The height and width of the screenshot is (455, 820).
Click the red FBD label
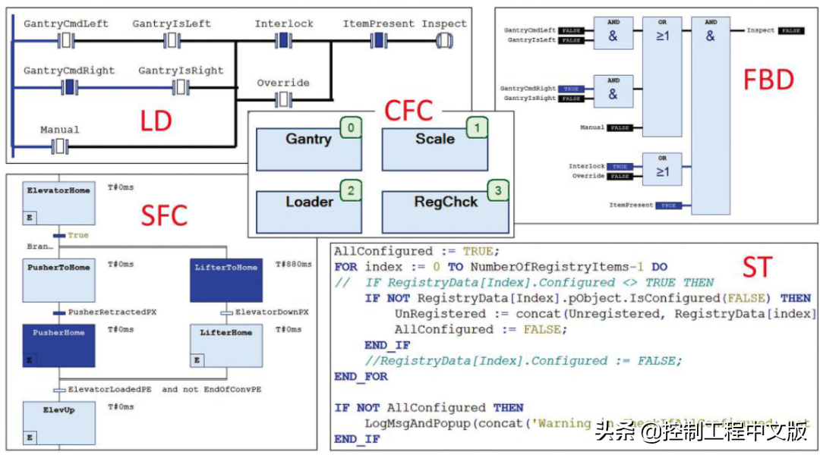pos(768,80)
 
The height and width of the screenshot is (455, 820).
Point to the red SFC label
pos(164,215)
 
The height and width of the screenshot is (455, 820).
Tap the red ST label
pos(757,267)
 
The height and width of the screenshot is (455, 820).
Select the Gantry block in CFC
pos(308,149)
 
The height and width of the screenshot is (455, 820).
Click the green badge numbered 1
pos(476,128)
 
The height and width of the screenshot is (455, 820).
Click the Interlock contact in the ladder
pos(284,40)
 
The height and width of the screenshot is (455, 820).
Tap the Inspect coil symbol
pos(444,40)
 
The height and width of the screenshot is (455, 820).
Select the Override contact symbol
pos(283,99)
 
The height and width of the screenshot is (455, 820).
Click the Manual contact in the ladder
pos(60,146)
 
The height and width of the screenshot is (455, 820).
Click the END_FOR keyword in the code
pos(361,376)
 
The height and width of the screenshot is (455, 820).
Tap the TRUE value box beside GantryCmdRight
pos(570,89)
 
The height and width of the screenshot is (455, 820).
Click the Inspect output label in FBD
pos(760,30)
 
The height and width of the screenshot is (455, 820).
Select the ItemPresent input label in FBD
pos(632,206)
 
